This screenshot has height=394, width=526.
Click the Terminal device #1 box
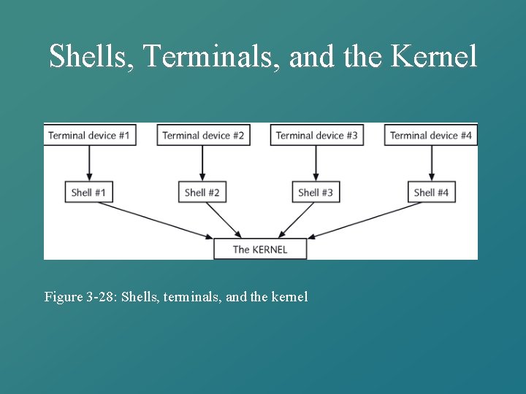pos(89,135)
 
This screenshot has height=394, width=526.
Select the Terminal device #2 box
pos(203,135)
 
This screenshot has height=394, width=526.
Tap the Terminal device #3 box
pos(316,135)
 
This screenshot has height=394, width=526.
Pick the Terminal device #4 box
pos(431,135)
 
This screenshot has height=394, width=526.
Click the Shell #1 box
pos(89,193)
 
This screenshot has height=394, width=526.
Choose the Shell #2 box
pos(202,193)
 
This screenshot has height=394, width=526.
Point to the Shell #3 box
pos(316,193)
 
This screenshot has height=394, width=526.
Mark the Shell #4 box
pos(431,193)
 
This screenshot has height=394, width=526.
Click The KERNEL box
pos(260,249)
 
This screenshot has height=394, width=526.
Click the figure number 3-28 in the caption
pos(100,297)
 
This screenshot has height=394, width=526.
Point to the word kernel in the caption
pos(290,297)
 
